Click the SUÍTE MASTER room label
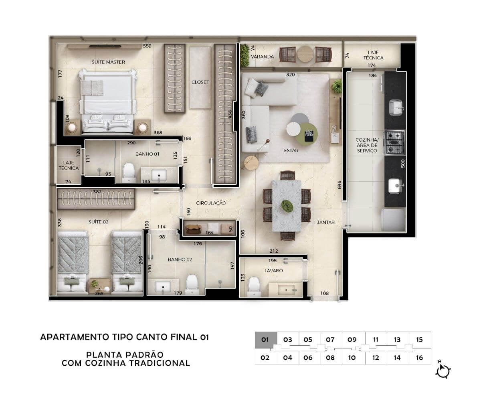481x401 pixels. point(108,62)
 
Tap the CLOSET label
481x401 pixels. point(200,82)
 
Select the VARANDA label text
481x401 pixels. point(263,57)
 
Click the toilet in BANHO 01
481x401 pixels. point(129,173)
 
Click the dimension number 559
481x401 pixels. point(147,46)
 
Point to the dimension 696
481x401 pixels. point(339,185)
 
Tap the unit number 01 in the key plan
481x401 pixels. point(265,340)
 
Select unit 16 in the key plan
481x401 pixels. point(419,358)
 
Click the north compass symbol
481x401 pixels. point(443,372)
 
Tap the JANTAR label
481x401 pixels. point(326,223)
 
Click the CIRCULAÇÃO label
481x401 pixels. point(211,203)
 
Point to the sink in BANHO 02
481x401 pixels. point(163,287)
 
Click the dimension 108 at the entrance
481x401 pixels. point(324,294)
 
